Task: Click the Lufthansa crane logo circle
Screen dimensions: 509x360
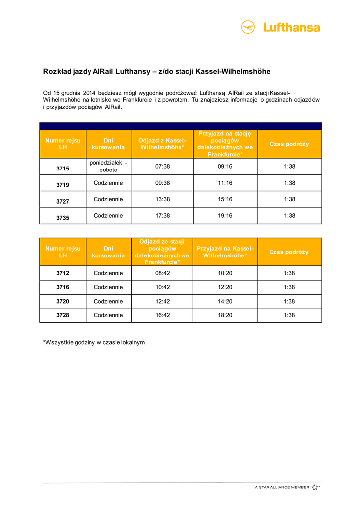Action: (248, 27)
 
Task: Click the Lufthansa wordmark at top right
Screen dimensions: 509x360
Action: (291, 28)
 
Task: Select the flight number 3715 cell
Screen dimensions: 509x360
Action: (63, 169)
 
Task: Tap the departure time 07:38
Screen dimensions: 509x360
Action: (163, 167)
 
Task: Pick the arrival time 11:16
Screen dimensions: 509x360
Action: (225, 183)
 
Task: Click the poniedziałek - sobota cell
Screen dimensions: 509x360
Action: (108, 166)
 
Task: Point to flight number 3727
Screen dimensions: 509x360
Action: (63, 201)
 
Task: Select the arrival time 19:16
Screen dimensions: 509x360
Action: (225, 215)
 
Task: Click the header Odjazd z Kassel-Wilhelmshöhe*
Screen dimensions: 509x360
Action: (163, 144)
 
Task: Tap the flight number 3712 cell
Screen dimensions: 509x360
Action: (63, 273)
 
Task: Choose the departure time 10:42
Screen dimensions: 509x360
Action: (163, 287)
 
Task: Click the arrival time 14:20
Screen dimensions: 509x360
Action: (225, 301)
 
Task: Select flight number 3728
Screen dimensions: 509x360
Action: (63, 315)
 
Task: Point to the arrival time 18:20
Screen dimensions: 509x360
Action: (225, 315)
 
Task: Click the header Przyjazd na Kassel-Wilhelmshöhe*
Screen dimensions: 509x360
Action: (225, 252)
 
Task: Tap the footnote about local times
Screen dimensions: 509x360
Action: (94, 342)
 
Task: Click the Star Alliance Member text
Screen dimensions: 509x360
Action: (281, 487)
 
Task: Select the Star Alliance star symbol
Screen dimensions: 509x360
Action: (315, 487)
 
